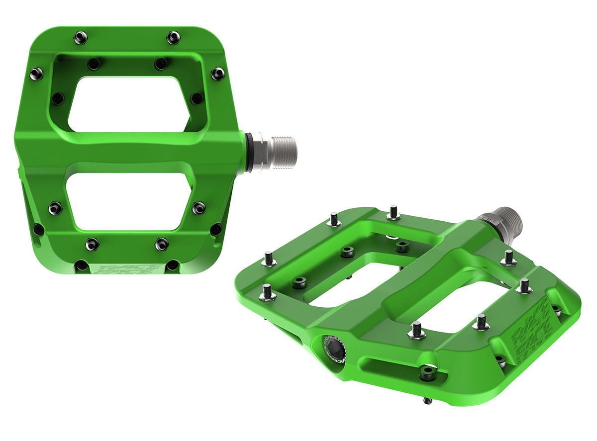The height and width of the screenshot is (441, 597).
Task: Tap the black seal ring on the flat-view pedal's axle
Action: coord(248,152)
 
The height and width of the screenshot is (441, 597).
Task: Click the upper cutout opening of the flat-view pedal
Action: coord(129,104)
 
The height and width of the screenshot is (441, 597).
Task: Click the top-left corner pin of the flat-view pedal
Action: coord(80,37)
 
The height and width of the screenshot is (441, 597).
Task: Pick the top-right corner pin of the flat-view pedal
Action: coord(173,37)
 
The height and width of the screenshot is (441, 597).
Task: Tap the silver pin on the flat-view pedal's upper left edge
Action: coord(36,74)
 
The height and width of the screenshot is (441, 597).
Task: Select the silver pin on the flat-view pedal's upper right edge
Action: coord(217,74)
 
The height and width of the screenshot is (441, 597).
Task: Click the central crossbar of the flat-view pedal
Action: coord(129,152)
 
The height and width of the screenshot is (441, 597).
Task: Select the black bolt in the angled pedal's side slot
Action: coord(427,372)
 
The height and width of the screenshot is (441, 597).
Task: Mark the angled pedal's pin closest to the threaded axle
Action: coord(508,258)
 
